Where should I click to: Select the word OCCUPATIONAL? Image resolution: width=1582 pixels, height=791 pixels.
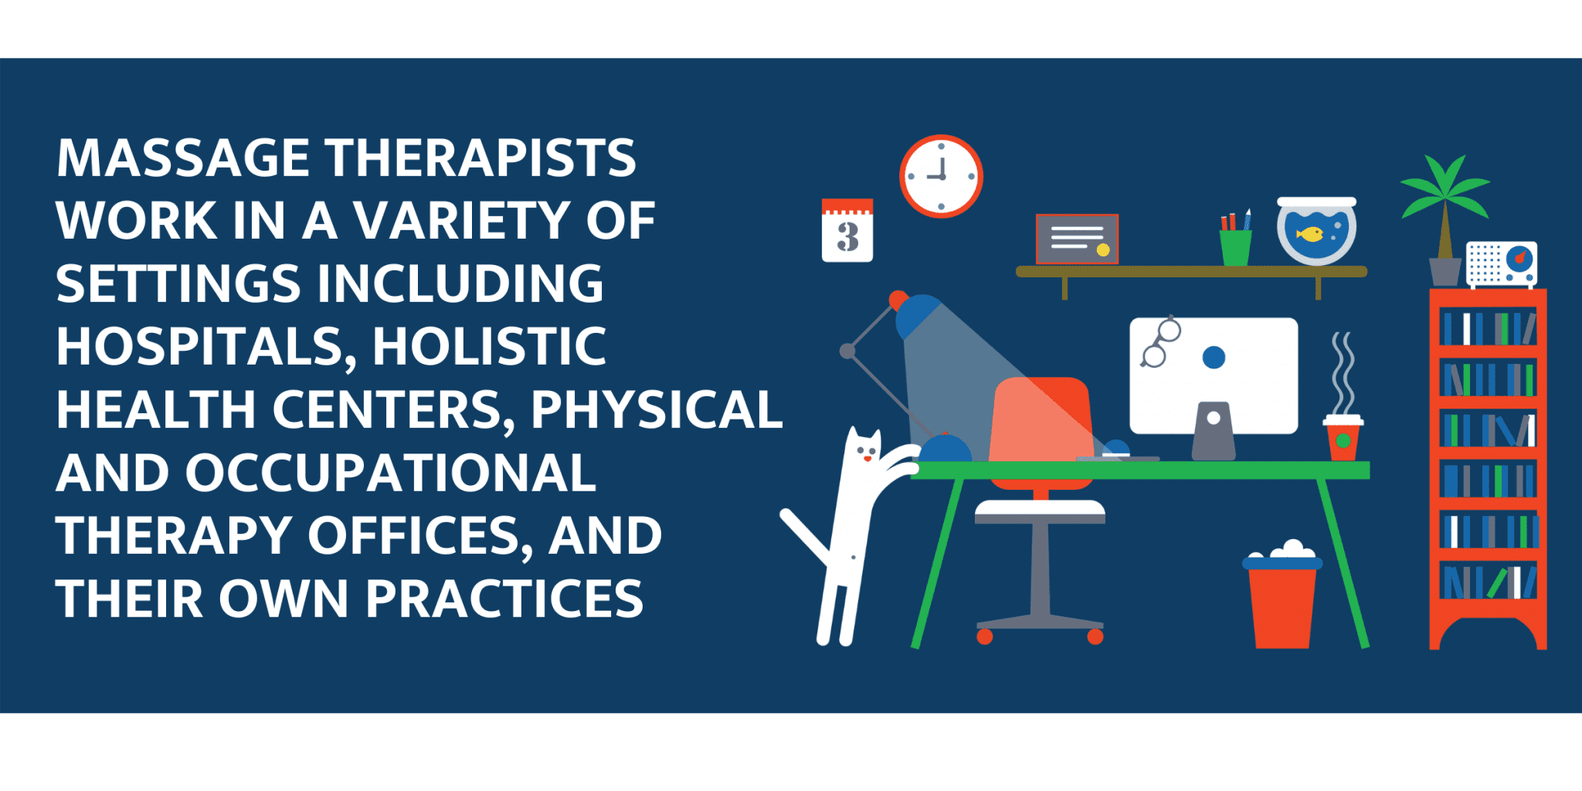(x=391, y=473)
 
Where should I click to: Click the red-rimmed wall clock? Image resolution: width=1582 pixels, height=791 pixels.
(x=941, y=176)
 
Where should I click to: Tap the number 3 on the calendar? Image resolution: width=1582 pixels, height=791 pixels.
(x=847, y=237)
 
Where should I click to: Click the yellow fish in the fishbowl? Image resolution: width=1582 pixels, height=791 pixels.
(x=1309, y=233)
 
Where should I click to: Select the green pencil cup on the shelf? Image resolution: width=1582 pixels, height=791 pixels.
(x=1235, y=247)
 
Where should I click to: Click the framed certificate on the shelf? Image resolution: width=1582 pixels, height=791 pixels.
(x=1077, y=239)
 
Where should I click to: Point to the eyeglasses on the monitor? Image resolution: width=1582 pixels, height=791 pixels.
(x=1160, y=342)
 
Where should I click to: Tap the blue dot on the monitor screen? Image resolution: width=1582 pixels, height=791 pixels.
(x=1214, y=357)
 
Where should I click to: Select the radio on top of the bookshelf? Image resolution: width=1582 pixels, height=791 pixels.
(x=1502, y=264)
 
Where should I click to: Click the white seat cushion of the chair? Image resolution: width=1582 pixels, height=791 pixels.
(x=1040, y=509)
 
